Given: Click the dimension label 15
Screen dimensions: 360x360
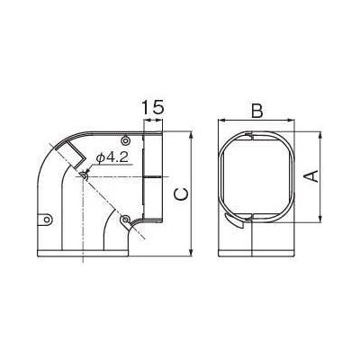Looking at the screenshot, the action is click(153, 107).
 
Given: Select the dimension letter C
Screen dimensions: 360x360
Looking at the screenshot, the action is click(181, 194).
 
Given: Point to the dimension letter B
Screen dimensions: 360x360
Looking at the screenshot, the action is click(256, 111).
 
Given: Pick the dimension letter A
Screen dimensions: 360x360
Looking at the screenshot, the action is click(312, 176).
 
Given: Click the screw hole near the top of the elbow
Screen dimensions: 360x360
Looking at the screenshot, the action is click(126, 140).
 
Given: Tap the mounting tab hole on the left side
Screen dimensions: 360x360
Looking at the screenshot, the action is click(47, 220).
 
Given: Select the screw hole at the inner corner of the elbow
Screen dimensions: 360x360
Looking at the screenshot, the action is click(124, 219).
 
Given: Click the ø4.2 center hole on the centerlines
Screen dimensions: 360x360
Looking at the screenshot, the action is click(84, 176).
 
